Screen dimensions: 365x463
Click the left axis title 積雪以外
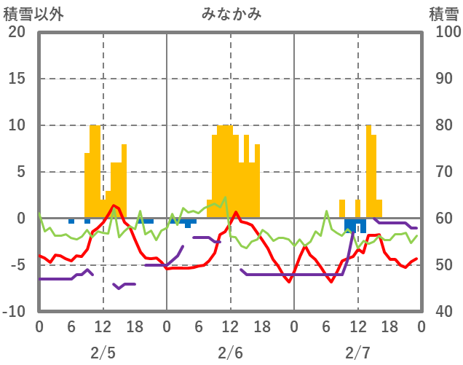click(x=28, y=14)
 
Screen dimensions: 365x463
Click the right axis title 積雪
click(x=443, y=14)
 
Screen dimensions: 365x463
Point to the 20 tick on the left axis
click(x=17, y=32)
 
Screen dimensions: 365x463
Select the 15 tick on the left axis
click(x=17, y=79)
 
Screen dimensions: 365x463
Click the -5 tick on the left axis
click(x=17, y=265)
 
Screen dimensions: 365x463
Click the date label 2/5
click(x=103, y=353)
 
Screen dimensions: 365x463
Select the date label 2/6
click(x=230, y=353)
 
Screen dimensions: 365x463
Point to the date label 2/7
click(x=357, y=353)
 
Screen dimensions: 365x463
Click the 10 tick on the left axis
click(x=17, y=125)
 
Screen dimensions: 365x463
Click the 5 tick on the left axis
click(x=20, y=172)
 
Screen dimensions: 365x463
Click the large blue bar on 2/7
click(x=355, y=225)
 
